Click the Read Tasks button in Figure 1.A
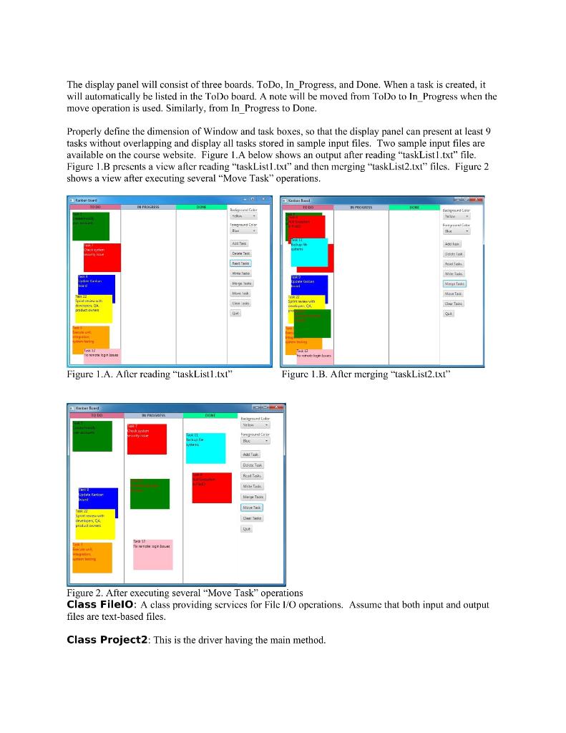pyautogui.click(x=240, y=263)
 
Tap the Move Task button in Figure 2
pyautogui.click(x=252, y=508)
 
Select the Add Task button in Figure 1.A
pyautogui.click(x=240, y=243)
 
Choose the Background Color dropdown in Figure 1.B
pyautogui.click(x=454, y=215)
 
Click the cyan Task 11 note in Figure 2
pyautogui.click(x=205, y=448)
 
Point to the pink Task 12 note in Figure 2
pyautogui.click(x=152, y=554)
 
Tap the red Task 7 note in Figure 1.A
pyautogui.click(x=102, y=257)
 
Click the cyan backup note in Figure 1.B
pyautogui.click(x=308, y=251)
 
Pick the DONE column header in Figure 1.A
pyautogui.click(x=201, y=207)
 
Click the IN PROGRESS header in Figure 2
pyautogui.click(x=153, y=415)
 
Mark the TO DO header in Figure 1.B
pyautogui.click(x=308, y=207)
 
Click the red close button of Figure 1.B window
pyautogui.click(x=477, y=200)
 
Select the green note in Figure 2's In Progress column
pyautogui.click(x=150, y=493)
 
